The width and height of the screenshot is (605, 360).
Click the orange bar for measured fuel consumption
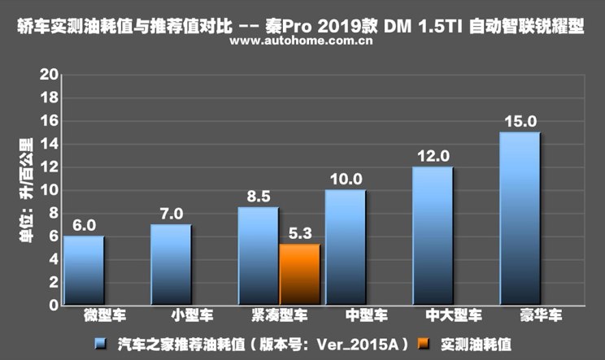coord(298,275)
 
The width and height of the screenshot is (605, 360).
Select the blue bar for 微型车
coord(84,271)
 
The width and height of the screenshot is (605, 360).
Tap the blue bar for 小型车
coord(171,265)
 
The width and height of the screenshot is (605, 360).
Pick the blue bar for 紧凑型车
coord(258,256)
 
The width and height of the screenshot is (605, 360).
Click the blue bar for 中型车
coord(345,248)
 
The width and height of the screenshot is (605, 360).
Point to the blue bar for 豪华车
coord(520,219)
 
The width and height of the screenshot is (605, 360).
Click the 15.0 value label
coord(520,122)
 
